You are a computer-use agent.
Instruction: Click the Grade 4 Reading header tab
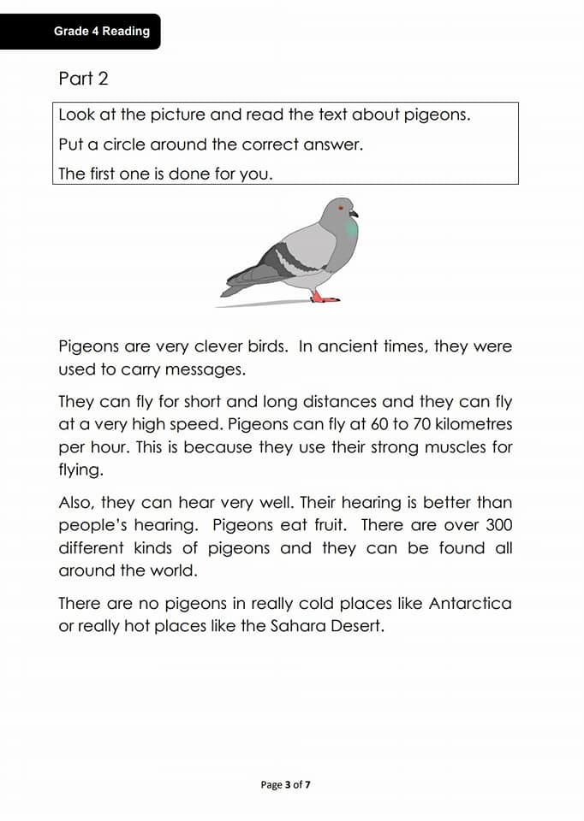coord(101,32)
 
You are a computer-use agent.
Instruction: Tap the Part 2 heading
coord(83,79)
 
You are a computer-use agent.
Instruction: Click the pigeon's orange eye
coord(341,207)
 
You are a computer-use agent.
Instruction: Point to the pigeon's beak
coord(354,213)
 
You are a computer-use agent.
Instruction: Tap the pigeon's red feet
coord(324,297)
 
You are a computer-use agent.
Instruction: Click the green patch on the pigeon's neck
coord(351,228)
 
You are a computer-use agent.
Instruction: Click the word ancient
coord(351,346)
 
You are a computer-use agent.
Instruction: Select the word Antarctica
coord(469,603)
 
